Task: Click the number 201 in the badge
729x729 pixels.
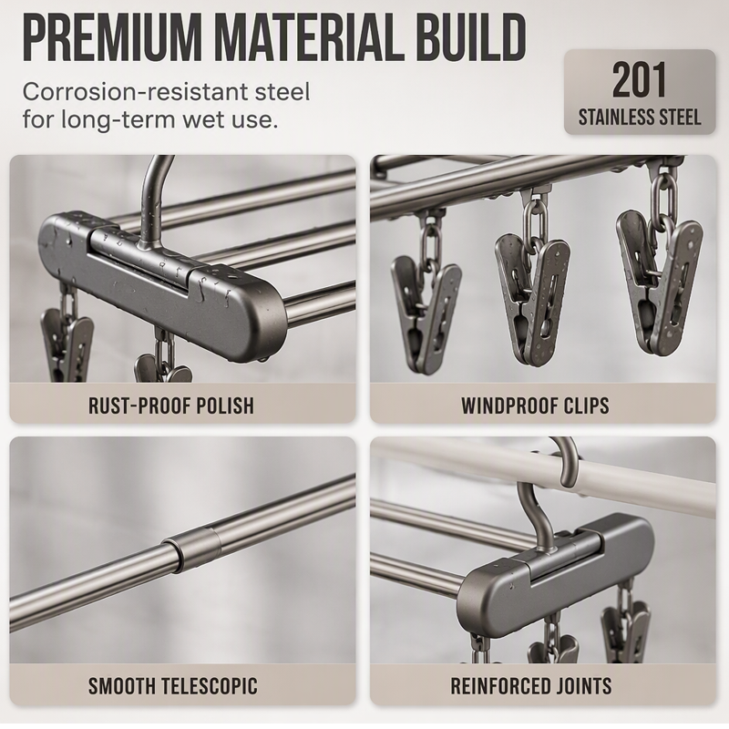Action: (x=640, y=80)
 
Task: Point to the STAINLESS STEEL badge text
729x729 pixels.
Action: (x=640, y=117)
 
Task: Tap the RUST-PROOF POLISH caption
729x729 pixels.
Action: (x=171, y=406)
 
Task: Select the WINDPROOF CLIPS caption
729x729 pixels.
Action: (x=535, y=406)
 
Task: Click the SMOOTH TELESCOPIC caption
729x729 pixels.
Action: (x=172, y=686)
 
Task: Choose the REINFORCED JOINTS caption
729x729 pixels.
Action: (x=531, y=686)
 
